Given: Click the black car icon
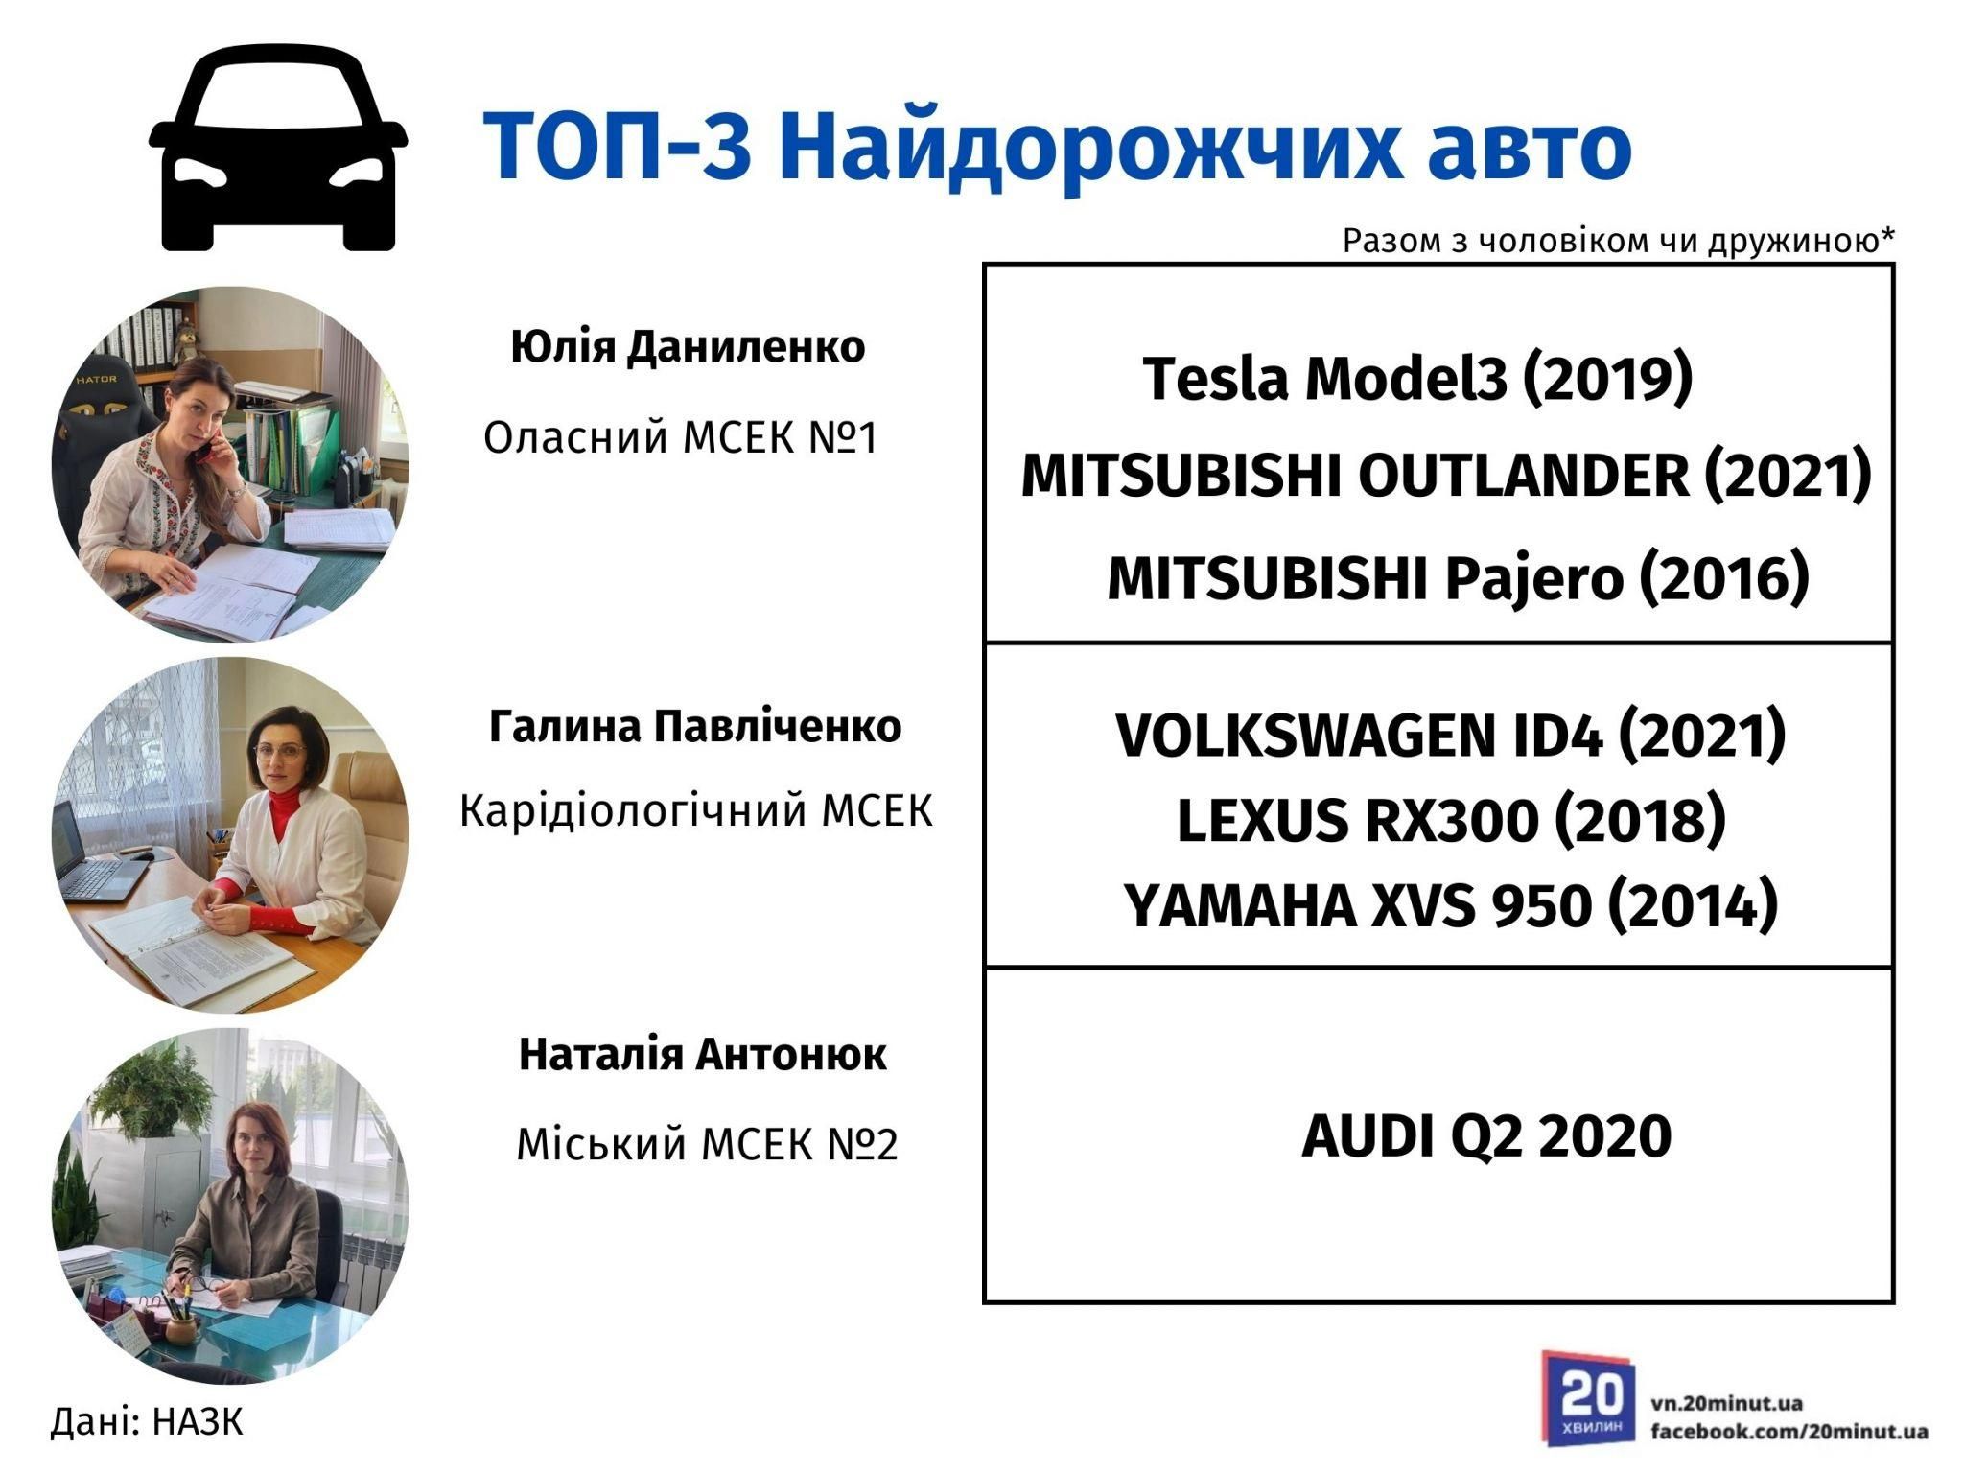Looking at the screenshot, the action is (x=278, y=152).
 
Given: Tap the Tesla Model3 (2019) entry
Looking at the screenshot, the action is (x=1417, y=378).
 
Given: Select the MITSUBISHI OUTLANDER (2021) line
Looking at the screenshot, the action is (x=1446, y=476).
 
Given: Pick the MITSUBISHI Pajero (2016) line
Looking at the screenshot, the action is (x=1459, y=578).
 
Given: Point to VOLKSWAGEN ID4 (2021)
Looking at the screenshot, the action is (x=1451, y=736).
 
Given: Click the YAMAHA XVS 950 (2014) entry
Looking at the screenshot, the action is (x=1451, y=905).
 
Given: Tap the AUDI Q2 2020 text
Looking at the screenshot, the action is (x=1486, y=1136).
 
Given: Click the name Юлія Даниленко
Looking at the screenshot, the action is (x=688, y=347).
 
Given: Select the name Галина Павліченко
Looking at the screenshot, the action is (x=695, y=727).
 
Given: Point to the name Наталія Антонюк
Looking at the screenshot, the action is (x=703, y=1055).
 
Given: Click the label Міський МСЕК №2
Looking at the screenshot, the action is (x=708, y=1144).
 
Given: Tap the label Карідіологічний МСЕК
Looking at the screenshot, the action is (x=696, y=811).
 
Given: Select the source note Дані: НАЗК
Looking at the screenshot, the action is (x=147, y=1421).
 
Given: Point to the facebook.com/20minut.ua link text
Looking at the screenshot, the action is (x=1789, y=1432).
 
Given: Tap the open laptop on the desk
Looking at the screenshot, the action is (x=91, y=853).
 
